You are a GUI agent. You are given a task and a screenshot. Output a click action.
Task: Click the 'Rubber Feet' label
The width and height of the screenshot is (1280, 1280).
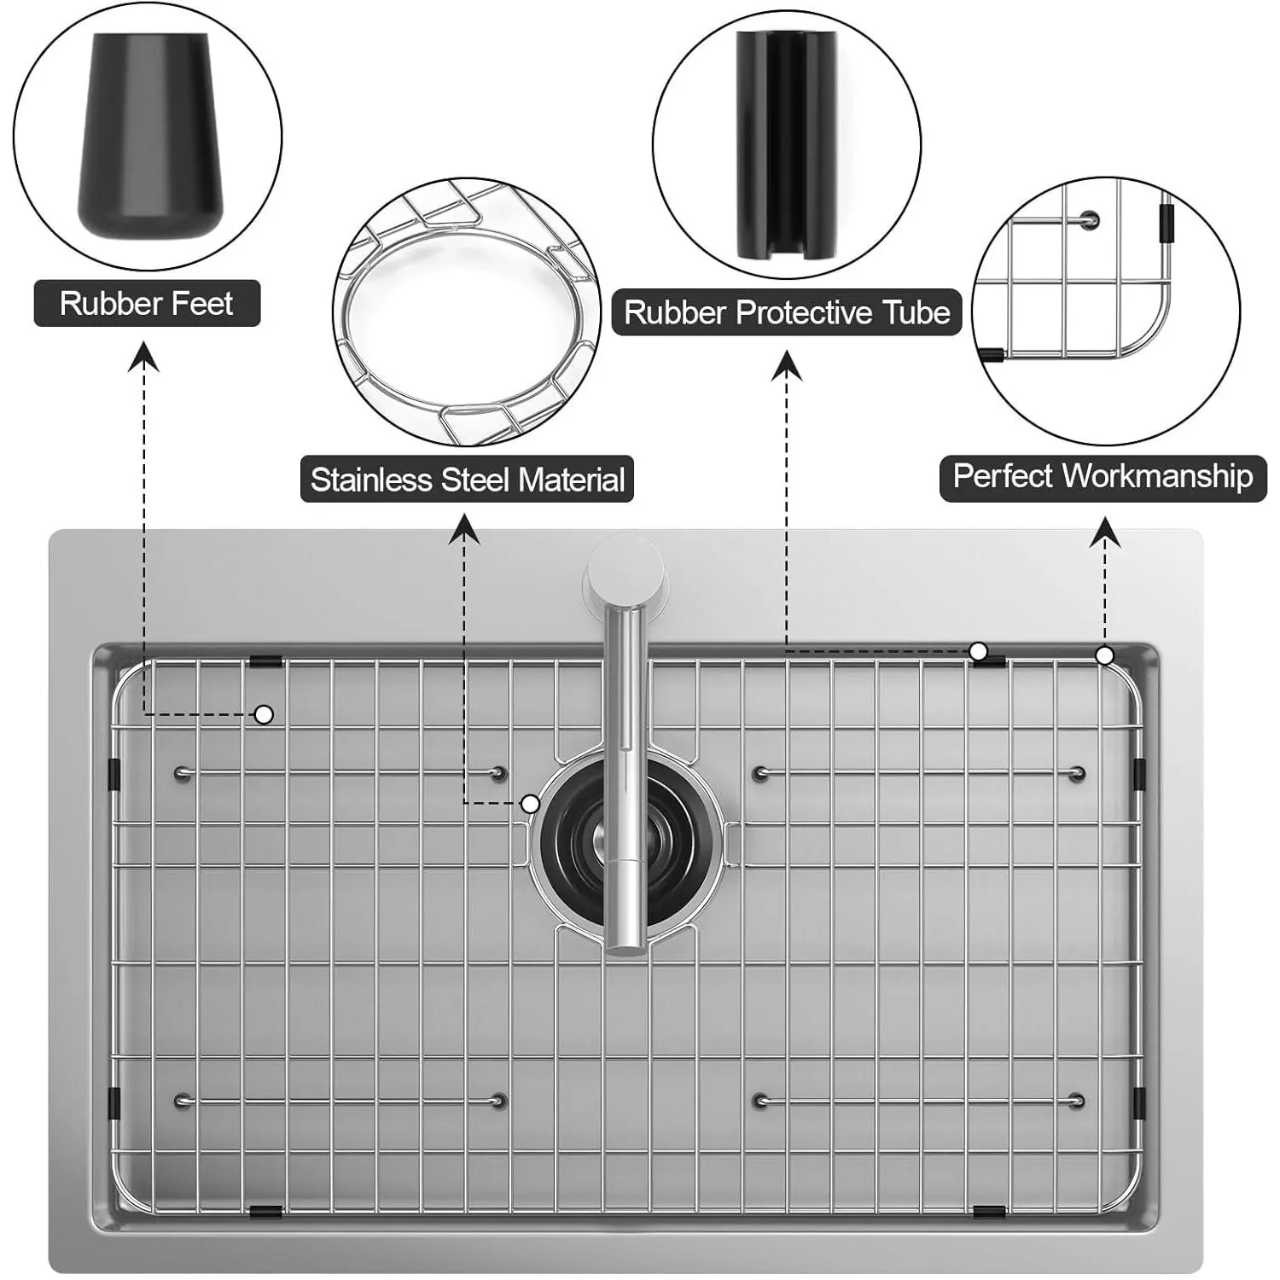[147, 304]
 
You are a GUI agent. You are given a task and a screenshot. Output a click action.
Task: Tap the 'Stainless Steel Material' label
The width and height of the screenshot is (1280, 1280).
[467, 480]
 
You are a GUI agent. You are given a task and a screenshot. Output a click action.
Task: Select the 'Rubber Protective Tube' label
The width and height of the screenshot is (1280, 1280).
[787, 312]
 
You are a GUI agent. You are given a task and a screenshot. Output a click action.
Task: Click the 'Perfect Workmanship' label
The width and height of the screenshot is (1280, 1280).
[1103, 476]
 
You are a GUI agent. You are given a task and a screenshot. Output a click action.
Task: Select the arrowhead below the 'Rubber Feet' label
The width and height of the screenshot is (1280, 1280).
[144, 357]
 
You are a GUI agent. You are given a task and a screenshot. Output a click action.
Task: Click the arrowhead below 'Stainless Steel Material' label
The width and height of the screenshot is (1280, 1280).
[464, 529]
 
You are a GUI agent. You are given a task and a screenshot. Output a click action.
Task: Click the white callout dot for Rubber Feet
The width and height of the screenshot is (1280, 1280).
[265, 714]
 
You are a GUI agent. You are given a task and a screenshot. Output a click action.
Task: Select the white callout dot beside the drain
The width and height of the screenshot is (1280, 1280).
[530, 803]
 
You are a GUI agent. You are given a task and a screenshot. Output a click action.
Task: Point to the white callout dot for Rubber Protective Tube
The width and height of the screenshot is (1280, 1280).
[979, 652]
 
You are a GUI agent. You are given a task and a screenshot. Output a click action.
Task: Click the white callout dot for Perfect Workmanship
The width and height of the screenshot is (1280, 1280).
[1104, 655]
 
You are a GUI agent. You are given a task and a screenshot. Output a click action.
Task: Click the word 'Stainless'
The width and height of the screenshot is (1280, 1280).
[371, 480]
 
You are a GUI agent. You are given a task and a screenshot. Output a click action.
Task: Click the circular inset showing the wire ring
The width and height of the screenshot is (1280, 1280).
[466, 311]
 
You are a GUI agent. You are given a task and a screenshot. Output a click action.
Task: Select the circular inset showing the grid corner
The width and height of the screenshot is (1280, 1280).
[1106, 311]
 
